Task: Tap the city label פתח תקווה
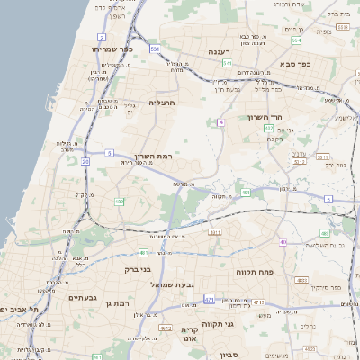tap(254, 271)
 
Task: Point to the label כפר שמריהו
tap(113, 49)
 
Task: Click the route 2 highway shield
tap(103, 38)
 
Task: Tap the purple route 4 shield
tap(220, 121)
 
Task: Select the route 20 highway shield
tap(85, 162)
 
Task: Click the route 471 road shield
tap(209, 298)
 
